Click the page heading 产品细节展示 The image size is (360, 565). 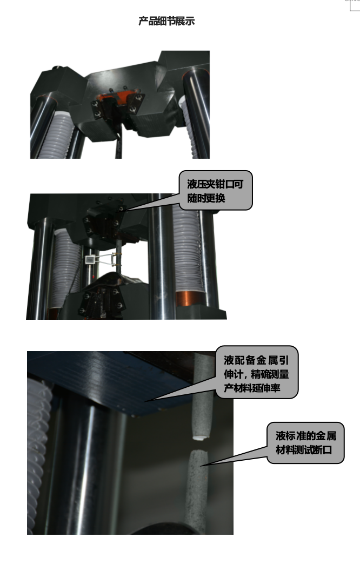tap(166, 22)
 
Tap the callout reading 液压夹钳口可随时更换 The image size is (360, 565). tap(216, 191)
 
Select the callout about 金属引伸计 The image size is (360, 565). tap(257, 373)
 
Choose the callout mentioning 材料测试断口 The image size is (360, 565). tap(305, 442)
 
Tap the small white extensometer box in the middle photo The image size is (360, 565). tap(89, 260)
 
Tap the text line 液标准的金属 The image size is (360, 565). tap(305, 435)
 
